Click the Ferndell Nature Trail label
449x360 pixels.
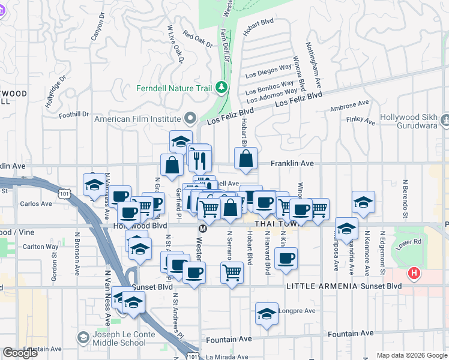(x=174, y=88)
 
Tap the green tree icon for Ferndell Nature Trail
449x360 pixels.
(x=222, y=88)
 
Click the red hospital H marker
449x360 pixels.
(x=414, y=274)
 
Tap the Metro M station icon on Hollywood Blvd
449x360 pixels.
(x=203, y=229)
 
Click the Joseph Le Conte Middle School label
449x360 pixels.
(x=120, y=338)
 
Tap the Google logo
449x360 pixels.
(x=20, y=353)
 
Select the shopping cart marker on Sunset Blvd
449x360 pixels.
(x=232, y=273)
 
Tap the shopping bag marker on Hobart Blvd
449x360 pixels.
(x=246, y=159)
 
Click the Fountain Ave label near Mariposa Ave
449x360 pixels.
(x=349, y=333)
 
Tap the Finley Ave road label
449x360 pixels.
(x=361, y=120)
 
